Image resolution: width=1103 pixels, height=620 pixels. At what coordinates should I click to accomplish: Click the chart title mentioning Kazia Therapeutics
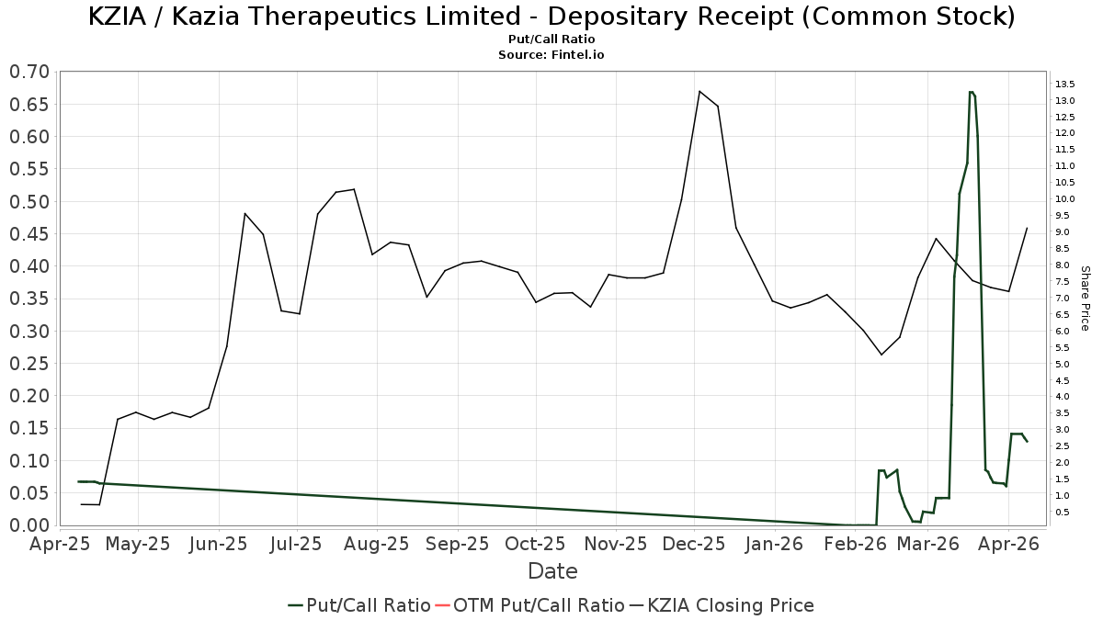[x=551, y=17]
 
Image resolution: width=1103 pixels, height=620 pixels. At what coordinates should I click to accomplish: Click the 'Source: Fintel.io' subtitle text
[x=551, y=54]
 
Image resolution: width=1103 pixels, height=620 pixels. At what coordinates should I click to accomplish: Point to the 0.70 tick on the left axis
[x=31, y=72]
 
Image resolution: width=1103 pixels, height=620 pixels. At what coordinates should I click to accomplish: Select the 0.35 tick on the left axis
[x=31, y=299]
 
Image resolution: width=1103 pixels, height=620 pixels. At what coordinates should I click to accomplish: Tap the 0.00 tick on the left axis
[x=31, y=525]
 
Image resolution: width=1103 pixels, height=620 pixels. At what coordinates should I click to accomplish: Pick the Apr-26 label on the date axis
[x=1008, y=544]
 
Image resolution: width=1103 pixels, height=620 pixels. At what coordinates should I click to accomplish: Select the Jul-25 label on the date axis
[x=296, y=544]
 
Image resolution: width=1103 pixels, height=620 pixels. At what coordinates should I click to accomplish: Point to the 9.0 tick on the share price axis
[x=1063, y=232]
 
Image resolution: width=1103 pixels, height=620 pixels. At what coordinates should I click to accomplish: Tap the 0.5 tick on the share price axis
[x=1063, y=512]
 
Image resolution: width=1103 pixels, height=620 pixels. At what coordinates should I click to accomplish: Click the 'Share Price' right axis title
[x=1085, y=299]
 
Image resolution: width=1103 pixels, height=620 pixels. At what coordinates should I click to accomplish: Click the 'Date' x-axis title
[x=552, y=571]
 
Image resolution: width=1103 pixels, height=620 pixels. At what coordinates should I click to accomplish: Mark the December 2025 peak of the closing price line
[x=699, y=91]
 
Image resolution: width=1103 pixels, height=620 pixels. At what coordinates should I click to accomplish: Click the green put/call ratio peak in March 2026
[x=971, y=92]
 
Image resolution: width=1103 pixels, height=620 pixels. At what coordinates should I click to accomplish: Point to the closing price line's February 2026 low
[x=881, y=355]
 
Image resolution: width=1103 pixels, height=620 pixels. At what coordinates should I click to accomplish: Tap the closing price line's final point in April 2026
[x=1027, y=228]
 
